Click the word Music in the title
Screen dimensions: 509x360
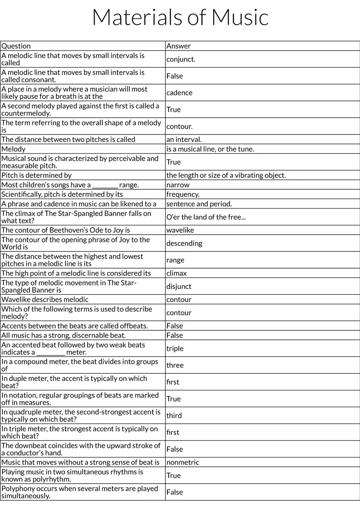(240, 17)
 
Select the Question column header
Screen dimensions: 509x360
(16, 46)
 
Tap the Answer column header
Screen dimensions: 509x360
(178, 46)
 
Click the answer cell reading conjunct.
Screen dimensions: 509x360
(181, 59)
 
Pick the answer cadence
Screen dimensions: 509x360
(179, 93)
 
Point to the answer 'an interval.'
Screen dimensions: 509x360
(184, 139)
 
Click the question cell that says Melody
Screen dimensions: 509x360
(13, 149)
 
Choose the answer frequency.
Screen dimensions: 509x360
(183, 194)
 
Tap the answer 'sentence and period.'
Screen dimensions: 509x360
(199, 204)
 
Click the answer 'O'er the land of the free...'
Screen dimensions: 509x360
(206, 217)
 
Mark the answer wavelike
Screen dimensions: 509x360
(180, 230)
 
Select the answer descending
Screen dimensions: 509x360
(184, 243)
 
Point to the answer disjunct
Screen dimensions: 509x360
(179, 287)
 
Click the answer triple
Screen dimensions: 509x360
(175, 349)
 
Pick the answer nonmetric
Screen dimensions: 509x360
(182, 462)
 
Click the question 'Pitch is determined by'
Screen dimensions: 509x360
(36, 175)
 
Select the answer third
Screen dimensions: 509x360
(174, 416)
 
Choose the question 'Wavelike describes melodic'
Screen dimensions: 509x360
(45, 300)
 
